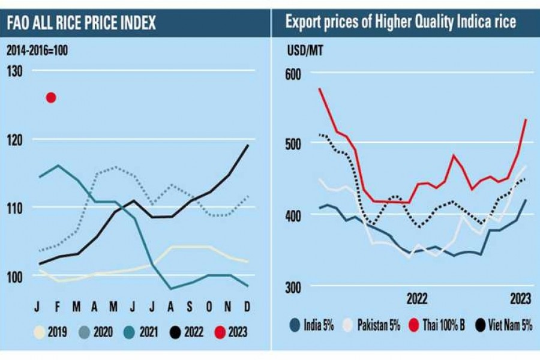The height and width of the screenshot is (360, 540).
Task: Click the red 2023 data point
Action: click(51, 97)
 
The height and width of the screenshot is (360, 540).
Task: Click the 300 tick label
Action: click(291, 287)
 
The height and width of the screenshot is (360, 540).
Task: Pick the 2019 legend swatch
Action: click(40, 330)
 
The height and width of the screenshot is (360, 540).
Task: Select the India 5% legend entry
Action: click(311, 326)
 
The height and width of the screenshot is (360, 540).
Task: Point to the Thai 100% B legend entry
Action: click(434, 326)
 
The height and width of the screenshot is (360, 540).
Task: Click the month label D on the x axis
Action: click(247, 308)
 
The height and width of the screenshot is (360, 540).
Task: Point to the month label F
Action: click(58, 308)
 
